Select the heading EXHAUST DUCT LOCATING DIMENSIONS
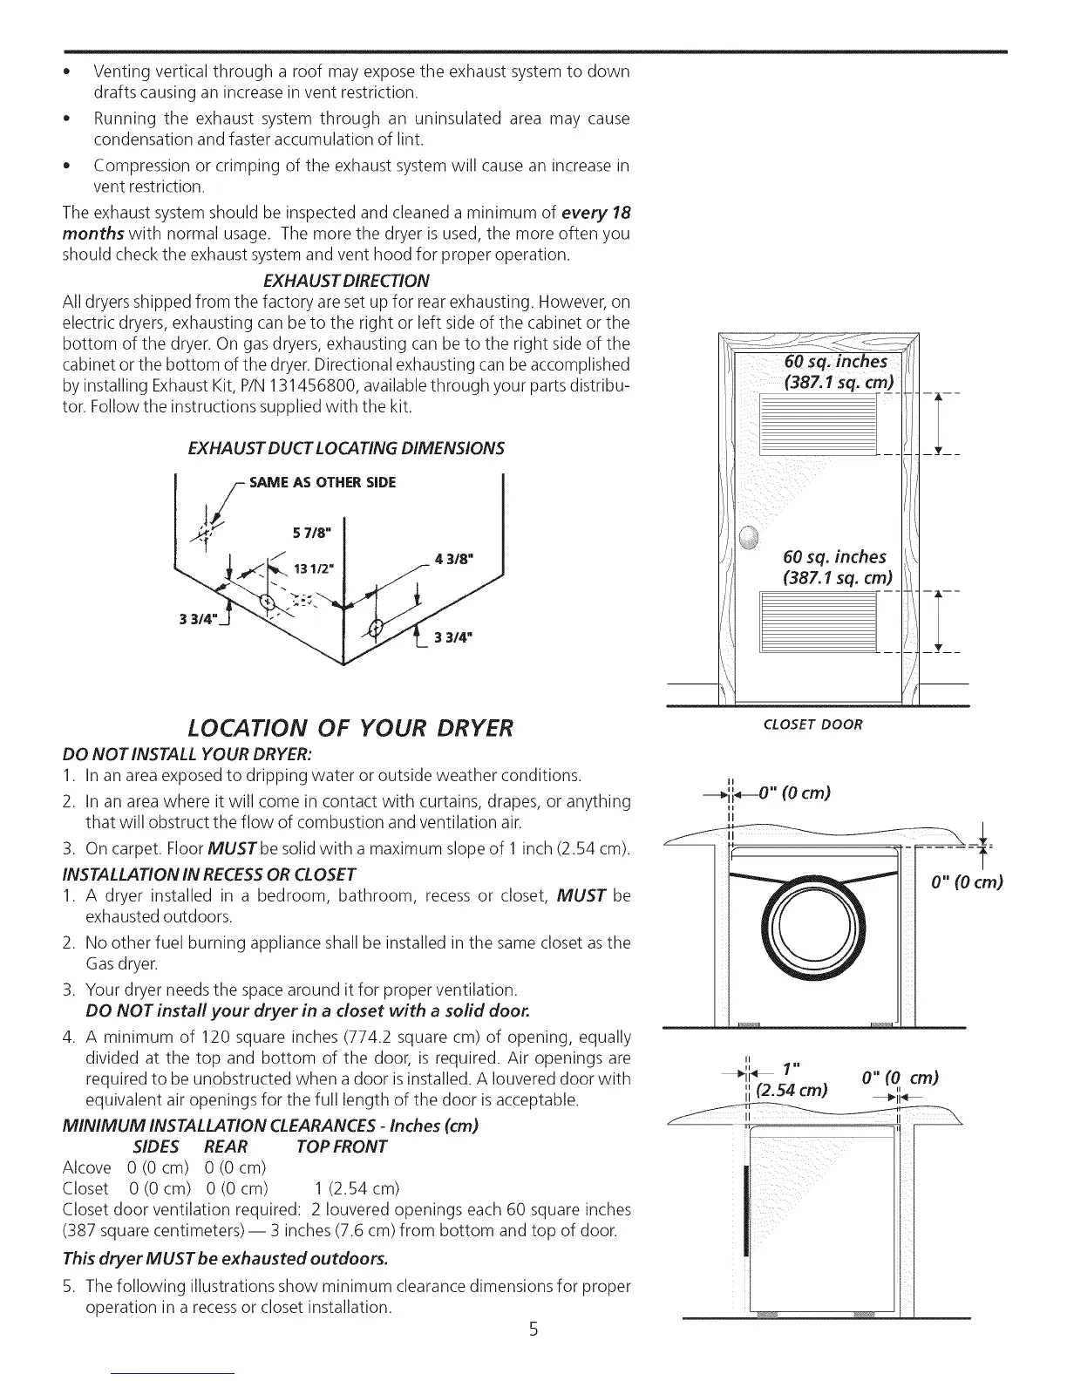pyautogui.click(x=346, y=448)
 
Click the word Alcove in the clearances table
pyautogui.click(x=87, y=1167)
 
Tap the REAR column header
pyautogui.click(x=226, y=1146)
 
